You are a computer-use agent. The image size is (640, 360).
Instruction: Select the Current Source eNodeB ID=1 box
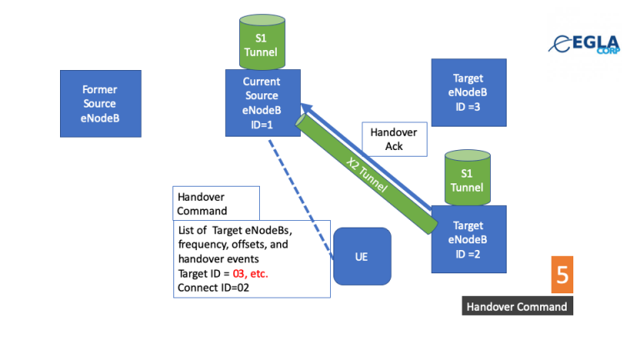tap(262, 103)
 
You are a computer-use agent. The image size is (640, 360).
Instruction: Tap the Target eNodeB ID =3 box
tap(467, 92)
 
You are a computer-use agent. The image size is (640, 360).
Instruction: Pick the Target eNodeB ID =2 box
tap(468, 239)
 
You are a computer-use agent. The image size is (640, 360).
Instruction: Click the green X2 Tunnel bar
tap(367, 173)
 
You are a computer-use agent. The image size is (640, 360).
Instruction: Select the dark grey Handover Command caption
tap(517, 307)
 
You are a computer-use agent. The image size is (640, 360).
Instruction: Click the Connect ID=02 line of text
tap(215, 287)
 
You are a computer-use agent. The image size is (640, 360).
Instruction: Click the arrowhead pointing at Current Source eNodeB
tap(306, 108)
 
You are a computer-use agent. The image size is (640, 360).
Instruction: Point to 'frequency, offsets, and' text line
tap(234, 244)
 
